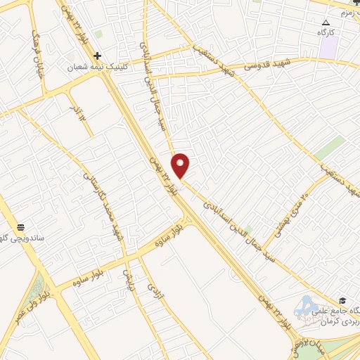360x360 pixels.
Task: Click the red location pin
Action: (181, 166)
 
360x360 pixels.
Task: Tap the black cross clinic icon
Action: (97, 56)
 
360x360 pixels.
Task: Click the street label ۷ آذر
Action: (77, 112)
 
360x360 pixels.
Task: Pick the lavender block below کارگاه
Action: (329, 47)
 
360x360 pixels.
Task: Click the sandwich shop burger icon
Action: (21, 229)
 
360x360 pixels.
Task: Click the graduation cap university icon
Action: (342, 300)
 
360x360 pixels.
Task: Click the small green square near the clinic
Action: (98, 34)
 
